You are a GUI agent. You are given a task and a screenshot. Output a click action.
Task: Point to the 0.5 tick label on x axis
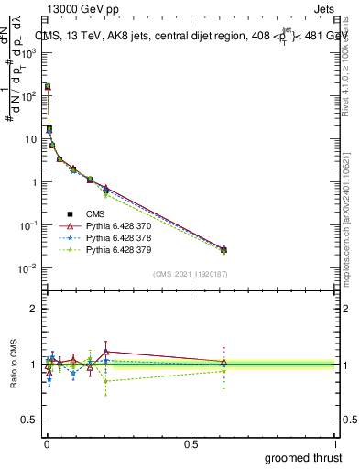point(191,443)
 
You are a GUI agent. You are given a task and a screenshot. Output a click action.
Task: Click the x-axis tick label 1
point(335,443)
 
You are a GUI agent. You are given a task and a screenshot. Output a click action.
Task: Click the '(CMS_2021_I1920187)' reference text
point(191,273)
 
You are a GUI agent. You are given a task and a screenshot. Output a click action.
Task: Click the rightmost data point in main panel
point(224,249)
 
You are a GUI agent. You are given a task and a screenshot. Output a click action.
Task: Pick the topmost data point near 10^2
point(48,86)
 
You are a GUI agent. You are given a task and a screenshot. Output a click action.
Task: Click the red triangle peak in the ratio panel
point(106,351)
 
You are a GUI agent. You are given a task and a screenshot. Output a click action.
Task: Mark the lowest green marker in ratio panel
point(106,381)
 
